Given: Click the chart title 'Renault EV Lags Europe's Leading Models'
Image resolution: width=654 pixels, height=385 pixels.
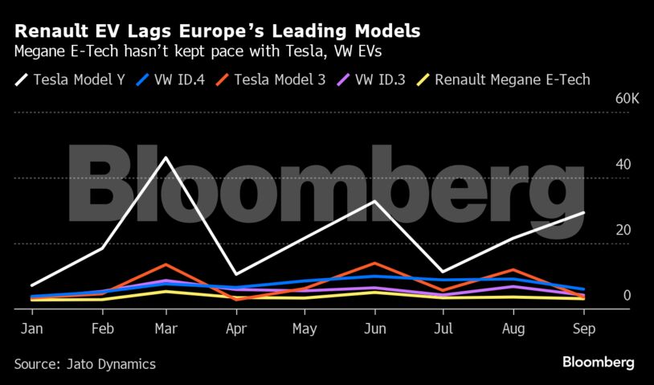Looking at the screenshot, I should [217, 31].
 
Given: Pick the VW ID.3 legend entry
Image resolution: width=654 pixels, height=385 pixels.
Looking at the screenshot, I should [376, 80].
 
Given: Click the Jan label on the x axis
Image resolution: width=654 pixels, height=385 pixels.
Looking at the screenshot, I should [31, 329].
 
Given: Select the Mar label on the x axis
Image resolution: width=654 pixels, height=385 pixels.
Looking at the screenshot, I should [166, 329].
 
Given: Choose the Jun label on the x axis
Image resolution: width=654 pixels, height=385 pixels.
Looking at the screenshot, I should [374, 329].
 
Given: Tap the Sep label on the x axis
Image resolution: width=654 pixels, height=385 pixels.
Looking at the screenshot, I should [584, 329].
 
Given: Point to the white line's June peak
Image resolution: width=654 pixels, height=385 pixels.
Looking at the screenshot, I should [374, 201].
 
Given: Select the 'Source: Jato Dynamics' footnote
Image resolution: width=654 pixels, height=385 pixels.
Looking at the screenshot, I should [85, 364].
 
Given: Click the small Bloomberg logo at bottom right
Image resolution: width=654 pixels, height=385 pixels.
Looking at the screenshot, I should [598, 363].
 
